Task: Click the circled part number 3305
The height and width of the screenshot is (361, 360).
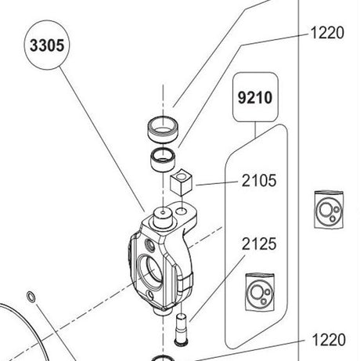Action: (x=47, y=45)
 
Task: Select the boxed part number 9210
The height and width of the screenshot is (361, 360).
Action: (x=255, y=98)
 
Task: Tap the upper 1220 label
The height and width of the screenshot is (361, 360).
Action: (x=327, y=33)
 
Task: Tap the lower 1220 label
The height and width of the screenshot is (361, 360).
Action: (x=329, y=340)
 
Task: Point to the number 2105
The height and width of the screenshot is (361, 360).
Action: (x=259, y=181)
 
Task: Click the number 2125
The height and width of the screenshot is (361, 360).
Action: (x=259, y=244)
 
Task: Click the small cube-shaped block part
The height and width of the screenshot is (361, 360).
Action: (x=181, y=182)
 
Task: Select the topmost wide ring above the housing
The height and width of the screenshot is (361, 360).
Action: (x=164, y=130)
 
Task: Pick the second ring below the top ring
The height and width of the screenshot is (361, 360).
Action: (x=164, y=159)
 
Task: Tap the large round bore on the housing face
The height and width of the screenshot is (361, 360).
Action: (x=149, y=272)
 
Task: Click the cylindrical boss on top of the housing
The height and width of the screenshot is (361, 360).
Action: (x=163, y=218)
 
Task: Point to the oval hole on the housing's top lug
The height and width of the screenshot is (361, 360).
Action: (x=182, y=211)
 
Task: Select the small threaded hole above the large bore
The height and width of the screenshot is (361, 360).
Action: (x=151, y=244)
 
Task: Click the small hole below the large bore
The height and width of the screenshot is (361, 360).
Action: (x=150, y=295)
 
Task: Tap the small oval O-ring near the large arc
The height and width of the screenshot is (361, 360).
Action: (x=31, y=297)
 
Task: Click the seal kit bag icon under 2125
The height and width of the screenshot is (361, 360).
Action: (x=260, y=292)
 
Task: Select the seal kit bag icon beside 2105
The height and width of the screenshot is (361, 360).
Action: (x=329, y=210)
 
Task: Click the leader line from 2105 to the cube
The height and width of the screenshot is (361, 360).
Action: (x=217, y=183)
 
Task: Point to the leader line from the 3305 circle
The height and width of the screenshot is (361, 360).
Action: (x=102, y=139)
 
